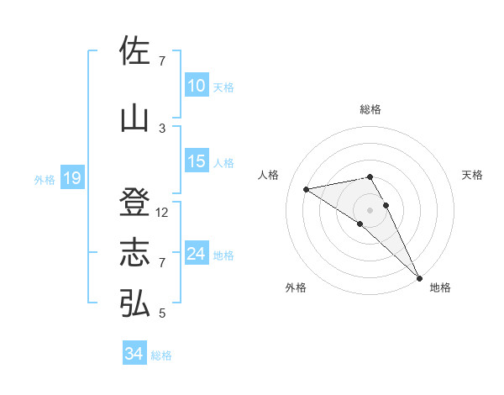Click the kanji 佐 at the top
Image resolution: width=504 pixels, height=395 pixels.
(134, 51)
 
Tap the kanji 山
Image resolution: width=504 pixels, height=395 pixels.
(134, 118)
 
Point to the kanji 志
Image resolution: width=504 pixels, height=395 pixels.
(134, 253)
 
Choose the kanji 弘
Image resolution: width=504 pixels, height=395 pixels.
(134, 303)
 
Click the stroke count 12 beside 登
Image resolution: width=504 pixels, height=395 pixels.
(163, 213)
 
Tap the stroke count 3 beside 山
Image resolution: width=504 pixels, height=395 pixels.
(162, 128)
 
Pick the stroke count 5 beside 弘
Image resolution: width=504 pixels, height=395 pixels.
(162, 313)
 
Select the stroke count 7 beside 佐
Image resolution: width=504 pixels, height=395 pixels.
(162, 61)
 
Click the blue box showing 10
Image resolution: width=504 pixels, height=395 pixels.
(197, 86)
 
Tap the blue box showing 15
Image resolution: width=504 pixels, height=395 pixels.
(197, 161)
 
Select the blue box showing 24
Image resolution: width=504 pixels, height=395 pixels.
(197, 254)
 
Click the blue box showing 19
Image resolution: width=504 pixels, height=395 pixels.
(72, 178)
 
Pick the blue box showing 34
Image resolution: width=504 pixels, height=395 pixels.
(134, 354)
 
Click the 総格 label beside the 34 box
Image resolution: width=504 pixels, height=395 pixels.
(161, 355)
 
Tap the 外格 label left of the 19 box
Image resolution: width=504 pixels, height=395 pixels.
(44, 180)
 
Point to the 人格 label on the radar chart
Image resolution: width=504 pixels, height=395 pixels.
(269, 175)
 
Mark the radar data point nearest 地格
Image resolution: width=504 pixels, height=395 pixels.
(420, 277)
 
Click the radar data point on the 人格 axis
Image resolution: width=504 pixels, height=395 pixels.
(307, 189)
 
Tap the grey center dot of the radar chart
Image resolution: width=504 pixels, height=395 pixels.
(370, 208)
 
